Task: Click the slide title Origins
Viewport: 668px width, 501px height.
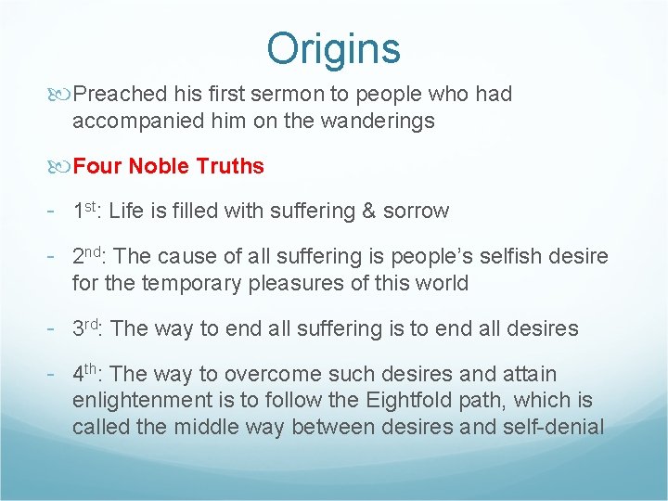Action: (333, 48)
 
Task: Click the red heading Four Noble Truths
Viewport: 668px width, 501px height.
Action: (168, 167)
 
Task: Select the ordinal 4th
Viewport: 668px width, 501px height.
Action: (88, 373)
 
